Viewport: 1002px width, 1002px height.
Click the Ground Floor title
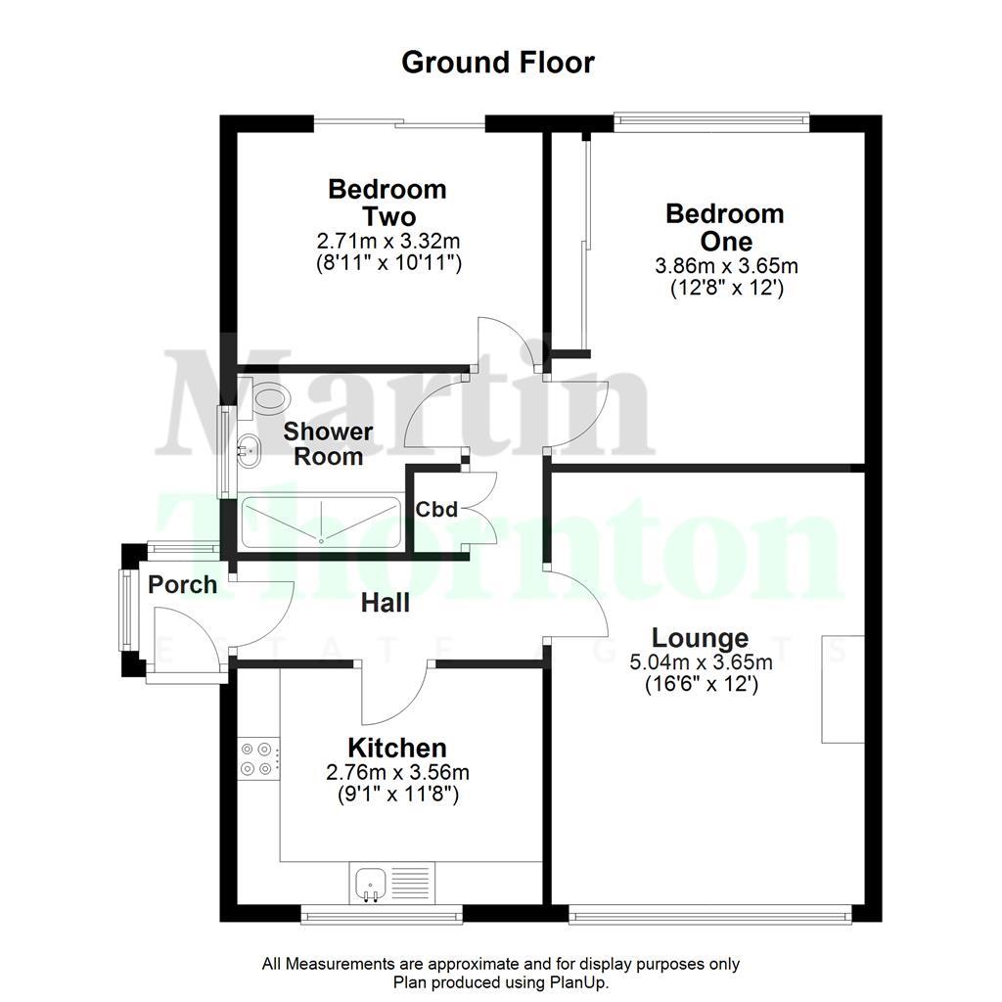pyautogui.click(x=498, y=63)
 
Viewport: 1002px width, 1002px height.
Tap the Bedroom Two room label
pyautogui.click(x=387, y=203)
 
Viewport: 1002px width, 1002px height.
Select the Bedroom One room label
pyautogui.click(x=724, y=227)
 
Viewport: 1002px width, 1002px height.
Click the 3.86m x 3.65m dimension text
pyautogui.click(x=724, y=266)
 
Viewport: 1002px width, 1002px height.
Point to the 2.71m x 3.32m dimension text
pyautogui.click(x=387, y=241)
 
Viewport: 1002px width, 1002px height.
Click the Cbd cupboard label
pyautogui.click(x=436, y=510)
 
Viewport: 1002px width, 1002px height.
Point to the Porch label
pyautogui.click(x=183, y=585)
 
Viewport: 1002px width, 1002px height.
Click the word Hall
pyautogui.click(x=385, y=604)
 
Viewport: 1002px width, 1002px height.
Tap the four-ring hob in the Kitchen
pyautogui.click(x=258, y=756)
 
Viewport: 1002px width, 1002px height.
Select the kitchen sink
pyautogui.click(x=372, y=883)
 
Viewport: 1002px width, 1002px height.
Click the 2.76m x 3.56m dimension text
pyautogui.click(x=391, y=773)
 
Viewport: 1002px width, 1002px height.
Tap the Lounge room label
pyautogui.click(x=701, y=639)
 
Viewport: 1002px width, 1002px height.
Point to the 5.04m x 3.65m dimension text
pyautogui.click(x=701, y=663)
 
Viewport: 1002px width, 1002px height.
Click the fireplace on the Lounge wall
pyautogui.click(x=842, y=689)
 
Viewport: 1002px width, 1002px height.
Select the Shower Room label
pyautogui.click(x=329, y=444)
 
